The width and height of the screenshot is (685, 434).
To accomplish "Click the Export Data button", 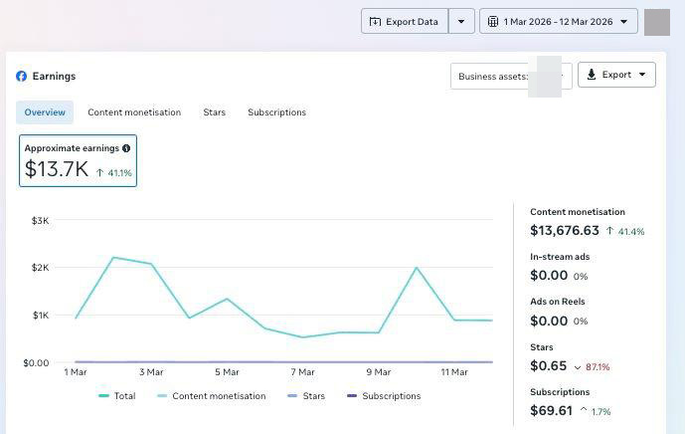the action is (405, 21).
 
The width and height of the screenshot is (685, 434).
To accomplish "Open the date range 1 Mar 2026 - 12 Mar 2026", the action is (559, 21).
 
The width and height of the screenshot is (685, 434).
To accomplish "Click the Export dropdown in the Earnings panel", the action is (616, 75).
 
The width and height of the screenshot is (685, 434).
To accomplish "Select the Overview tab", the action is (45, 112).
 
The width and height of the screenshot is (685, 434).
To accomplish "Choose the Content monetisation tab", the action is (134, 112).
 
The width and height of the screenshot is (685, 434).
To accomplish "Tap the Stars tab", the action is (214, 112).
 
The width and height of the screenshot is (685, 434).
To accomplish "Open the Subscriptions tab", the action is (277, 112).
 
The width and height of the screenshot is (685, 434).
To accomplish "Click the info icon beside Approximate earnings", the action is (126, 148).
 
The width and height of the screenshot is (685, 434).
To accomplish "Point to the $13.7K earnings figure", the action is (57, 169).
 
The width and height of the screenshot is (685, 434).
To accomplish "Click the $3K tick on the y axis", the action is (40, 221).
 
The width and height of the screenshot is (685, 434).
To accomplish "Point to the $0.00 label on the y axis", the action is (36, 362).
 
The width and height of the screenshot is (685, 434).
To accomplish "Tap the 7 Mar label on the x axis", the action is (303, 372).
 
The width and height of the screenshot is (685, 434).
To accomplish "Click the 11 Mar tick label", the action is (454, 372).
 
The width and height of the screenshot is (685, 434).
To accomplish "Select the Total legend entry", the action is (117, 396).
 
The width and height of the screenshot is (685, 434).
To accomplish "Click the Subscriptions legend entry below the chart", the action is (384, 396).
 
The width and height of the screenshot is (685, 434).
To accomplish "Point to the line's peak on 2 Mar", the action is (113, 257).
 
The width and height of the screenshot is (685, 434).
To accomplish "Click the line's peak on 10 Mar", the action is (417, 268).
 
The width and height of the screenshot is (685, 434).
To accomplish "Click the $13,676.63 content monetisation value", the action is (565, 231).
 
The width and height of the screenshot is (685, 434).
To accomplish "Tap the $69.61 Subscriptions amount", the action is (552, 411).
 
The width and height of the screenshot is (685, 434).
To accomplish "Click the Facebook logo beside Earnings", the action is (22, 76).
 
